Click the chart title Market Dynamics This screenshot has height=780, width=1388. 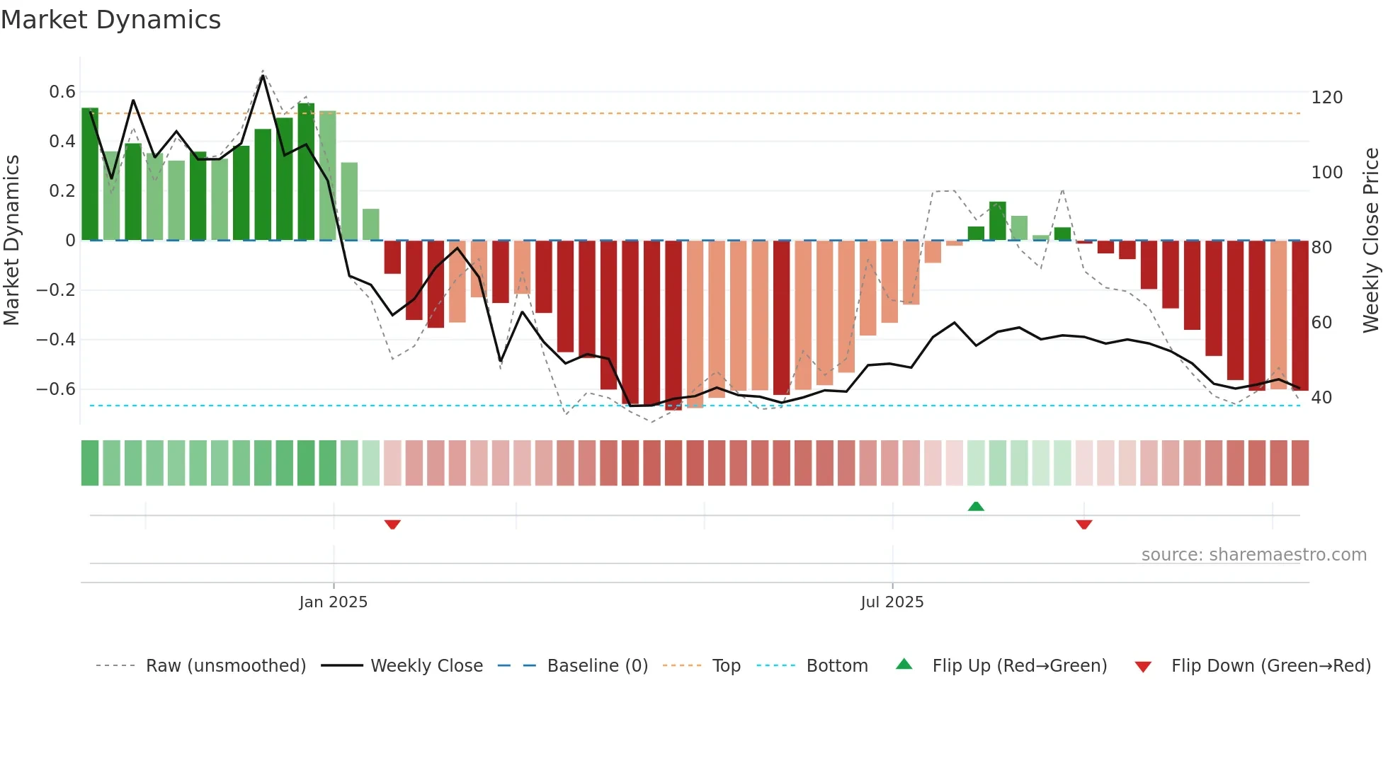[111, 20]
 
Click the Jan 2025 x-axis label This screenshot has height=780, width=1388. [333, 602]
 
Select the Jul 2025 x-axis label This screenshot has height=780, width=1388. [892, 602]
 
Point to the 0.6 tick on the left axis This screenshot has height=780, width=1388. [62, 92]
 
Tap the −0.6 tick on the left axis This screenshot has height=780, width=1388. [56, 389]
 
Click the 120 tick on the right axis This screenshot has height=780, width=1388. [1326, 98]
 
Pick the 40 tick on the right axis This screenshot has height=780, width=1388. [1321, 398]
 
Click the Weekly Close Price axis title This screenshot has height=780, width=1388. [1371, 241]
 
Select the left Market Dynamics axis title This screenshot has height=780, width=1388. [12, 241]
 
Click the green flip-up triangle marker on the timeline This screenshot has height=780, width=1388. [976, 506]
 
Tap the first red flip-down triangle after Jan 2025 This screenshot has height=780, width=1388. [392, 524]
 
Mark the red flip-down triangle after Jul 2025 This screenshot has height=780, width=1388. [1083, 524]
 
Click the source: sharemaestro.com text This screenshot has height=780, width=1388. [1253, 555]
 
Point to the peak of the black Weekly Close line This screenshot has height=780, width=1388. [263, 76]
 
